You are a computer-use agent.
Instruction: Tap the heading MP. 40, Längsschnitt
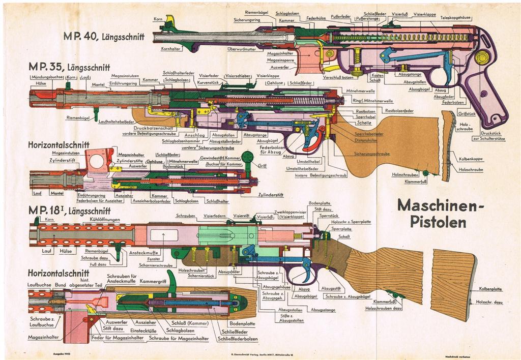pos(104,37)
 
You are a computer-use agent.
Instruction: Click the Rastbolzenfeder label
pos(399,111)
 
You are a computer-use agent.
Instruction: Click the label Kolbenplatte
pos(490,289)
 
